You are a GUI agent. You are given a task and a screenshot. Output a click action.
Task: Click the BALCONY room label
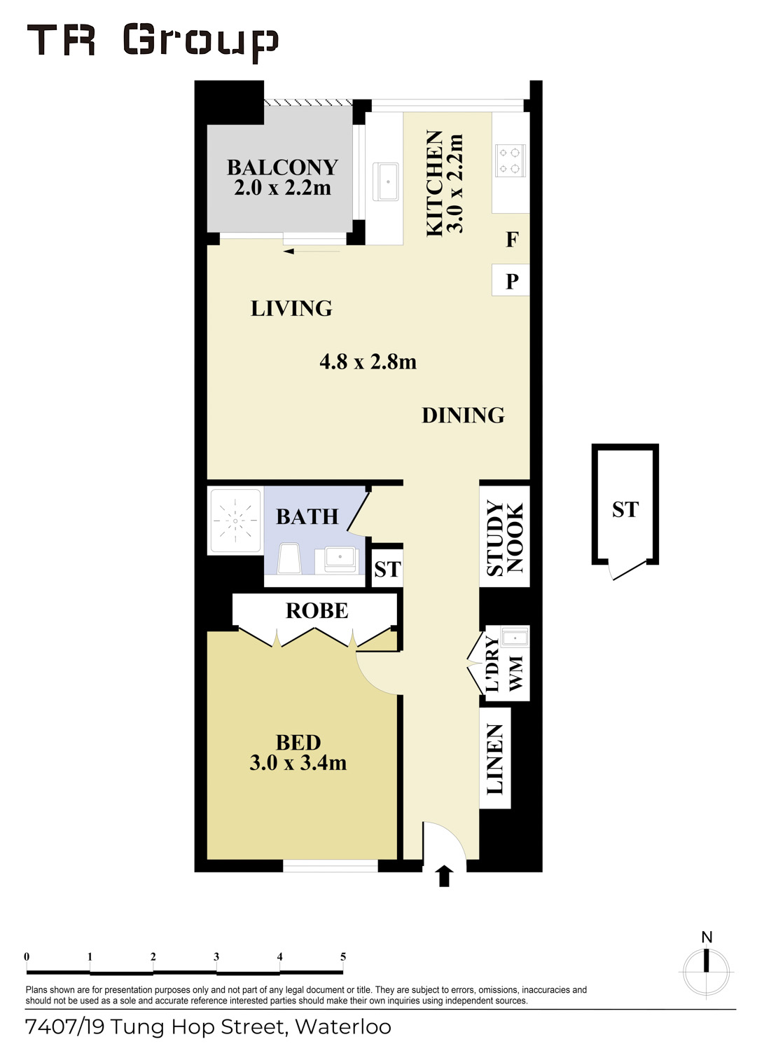pos(282,167)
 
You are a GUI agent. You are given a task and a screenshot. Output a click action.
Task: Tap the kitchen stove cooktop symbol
pos(510,160)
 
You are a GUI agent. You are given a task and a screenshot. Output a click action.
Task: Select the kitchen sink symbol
pos(386,181)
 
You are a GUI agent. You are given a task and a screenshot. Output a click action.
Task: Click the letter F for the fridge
pos(512,240)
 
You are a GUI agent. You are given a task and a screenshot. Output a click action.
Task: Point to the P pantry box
pos(511,280)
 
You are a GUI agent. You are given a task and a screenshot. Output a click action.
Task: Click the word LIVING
pos(291,308)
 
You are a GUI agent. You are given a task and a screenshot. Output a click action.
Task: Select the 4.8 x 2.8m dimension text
pos(368,362)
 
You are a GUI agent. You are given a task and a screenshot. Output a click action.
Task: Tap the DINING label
pos(463,415)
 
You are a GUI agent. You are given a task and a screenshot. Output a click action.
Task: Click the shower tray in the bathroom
pos(235,521)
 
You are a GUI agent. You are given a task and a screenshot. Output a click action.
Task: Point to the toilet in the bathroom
pos(289,558)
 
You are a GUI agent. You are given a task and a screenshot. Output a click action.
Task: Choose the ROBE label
pos(317,611)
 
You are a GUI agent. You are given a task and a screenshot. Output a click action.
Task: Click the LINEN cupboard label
pos(494,759)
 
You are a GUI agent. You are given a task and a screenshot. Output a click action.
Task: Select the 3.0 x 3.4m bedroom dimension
pos(298,762)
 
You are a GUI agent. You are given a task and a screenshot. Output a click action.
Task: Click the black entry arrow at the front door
pos(444,876)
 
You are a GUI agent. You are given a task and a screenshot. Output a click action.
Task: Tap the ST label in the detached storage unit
pos(625,509)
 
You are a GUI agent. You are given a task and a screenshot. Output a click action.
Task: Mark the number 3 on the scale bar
pos(216,956)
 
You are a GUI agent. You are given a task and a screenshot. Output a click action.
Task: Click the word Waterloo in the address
pos(343,1027)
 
